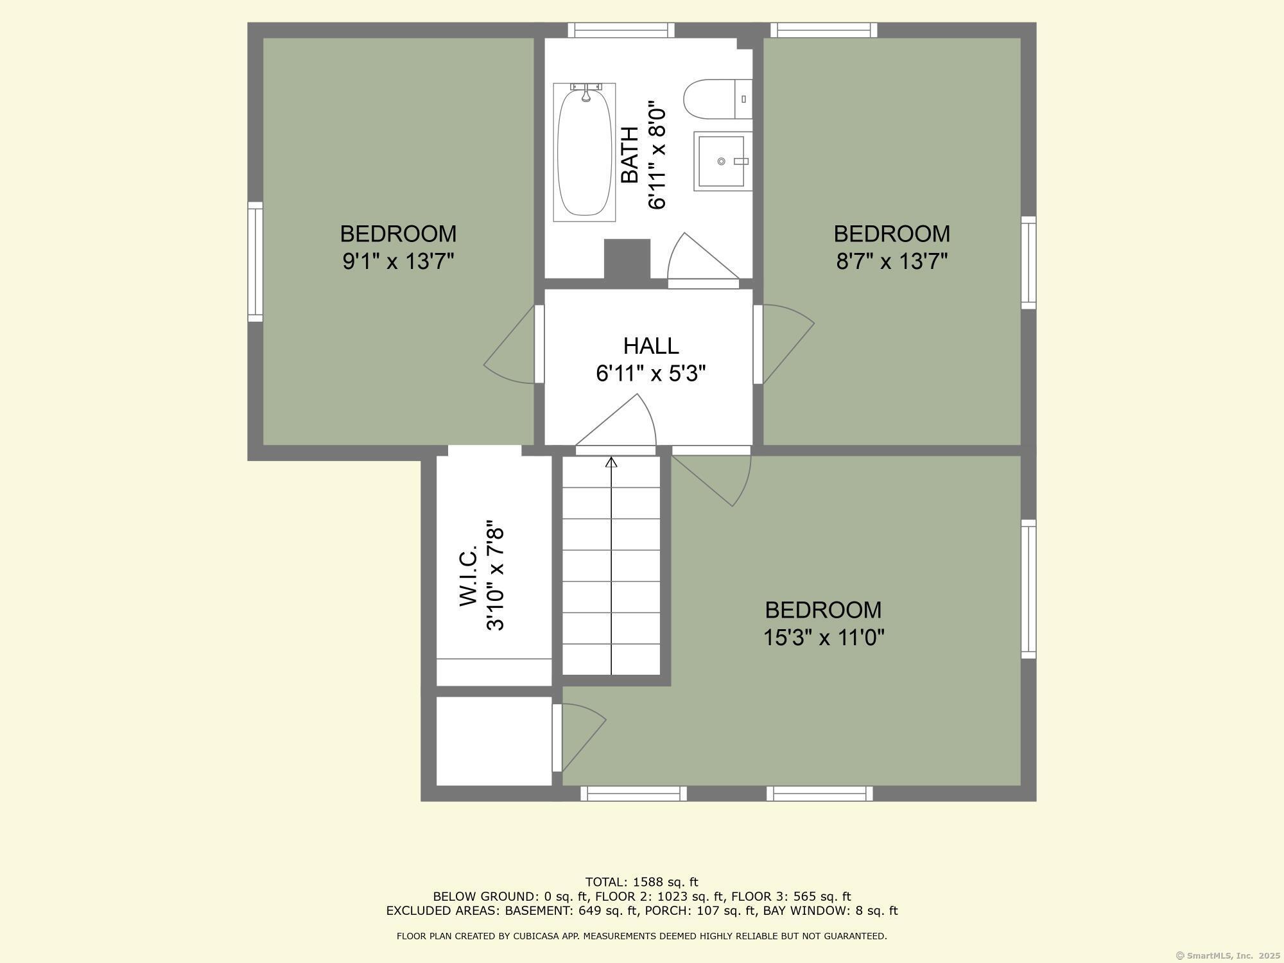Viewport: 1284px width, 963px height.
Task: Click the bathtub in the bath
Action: click(584, 152)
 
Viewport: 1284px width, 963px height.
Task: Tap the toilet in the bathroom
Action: click(717, 99)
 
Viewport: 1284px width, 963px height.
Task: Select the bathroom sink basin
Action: click(722, 161)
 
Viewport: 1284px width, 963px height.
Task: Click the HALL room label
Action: click(651, 346)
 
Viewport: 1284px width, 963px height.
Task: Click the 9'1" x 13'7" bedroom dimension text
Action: click(398, 261)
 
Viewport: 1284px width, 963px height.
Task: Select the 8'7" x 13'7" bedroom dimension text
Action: click(892, 261)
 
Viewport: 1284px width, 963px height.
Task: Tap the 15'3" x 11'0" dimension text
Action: click(824, 638)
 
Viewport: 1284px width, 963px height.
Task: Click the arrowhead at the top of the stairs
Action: click(611, 462)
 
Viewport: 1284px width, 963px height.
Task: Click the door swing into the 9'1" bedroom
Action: click(509, 345)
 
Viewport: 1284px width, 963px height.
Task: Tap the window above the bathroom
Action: click(621, 30)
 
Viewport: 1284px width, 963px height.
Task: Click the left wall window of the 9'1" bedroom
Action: click(256, 261)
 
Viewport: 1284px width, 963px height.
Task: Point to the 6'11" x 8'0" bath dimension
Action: click(657, 155)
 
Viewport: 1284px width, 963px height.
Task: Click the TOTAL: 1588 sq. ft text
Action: click(641, 882)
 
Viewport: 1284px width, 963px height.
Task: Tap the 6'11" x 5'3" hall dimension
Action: click(651, 373)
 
